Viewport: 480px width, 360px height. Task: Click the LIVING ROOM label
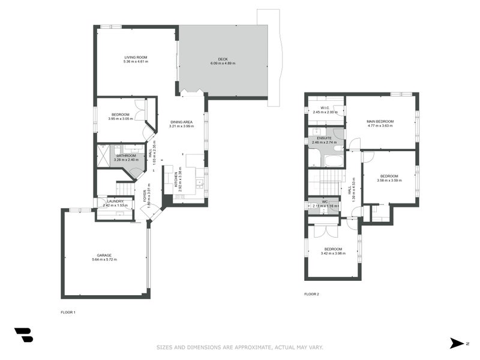(135, 58)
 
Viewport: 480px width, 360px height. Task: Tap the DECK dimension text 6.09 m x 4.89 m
(223, 63)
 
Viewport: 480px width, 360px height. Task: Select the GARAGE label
(104, 255)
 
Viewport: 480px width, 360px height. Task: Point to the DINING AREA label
(181, 121)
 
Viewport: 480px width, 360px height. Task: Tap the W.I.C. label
(318, 108)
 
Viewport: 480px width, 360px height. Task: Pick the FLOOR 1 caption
(68, 312)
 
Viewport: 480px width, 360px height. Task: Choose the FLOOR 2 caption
(311, 294)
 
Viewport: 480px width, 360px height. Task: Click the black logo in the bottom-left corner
(23, 335)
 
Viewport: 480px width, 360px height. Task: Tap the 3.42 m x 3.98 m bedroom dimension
(333, 253)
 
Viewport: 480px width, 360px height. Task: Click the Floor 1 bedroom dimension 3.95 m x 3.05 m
(121, 119)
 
